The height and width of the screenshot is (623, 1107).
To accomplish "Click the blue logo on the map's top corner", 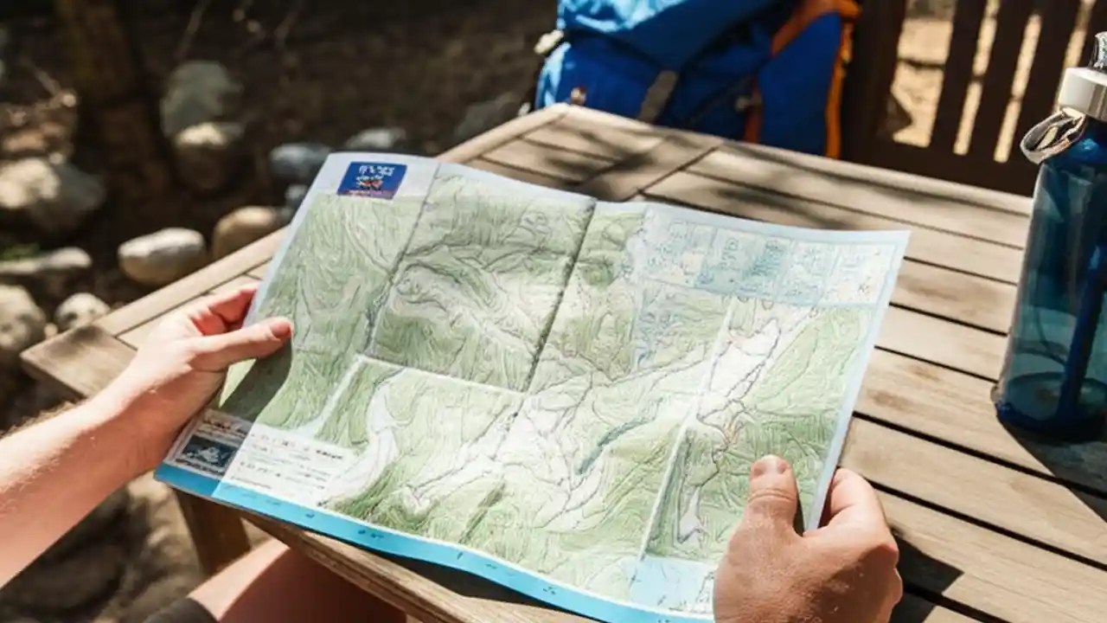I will [x=372, y=179].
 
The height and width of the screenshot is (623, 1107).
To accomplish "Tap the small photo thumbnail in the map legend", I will [x=207, y=452].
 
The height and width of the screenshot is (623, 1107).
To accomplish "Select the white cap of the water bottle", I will [x=1084, y=91].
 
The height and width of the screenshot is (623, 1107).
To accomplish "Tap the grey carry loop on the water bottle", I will [x=1052, y=135].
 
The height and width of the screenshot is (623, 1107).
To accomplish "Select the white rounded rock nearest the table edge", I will [x=163, y=255].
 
